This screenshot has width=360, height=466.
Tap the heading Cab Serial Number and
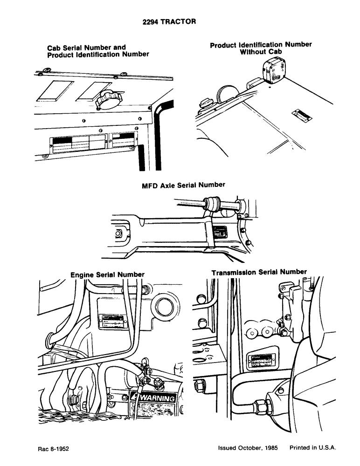pos(86,48)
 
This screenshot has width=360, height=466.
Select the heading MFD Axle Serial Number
pos(183,185)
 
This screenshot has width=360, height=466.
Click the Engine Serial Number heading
pos(107,275)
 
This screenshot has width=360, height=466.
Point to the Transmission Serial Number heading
pos(259,272)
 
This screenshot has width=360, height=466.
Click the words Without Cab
pos(261,52)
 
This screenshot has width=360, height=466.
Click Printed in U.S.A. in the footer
pos(312,448)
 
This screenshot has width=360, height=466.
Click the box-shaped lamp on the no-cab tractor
pos(271,70)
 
